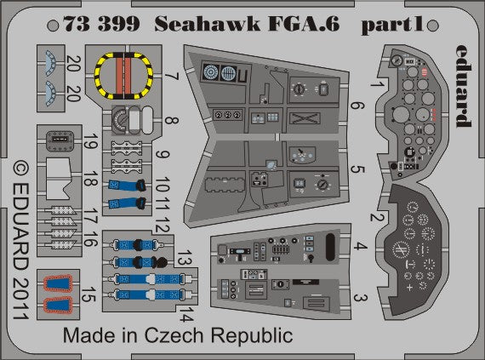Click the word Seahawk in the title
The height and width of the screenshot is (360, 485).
(207, 24)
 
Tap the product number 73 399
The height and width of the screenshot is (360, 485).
(102, 24)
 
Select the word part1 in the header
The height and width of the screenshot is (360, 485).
(392, 25)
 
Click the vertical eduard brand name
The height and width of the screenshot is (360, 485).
(464, 86)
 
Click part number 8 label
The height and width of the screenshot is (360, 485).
(172, 120)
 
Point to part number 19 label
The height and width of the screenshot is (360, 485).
(90, 141)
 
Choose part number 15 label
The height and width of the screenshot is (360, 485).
(89, 294)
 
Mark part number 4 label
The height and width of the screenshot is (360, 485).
(360, 247)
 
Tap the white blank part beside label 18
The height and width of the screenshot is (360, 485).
(59, 179)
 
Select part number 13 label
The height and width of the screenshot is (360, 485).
(185, 258)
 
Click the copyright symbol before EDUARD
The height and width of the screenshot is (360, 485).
(21, 169)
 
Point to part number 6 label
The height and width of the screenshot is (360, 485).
(357, 106)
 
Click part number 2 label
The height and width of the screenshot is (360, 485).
(377, 217)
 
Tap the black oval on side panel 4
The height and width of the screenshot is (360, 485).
(330, 246)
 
